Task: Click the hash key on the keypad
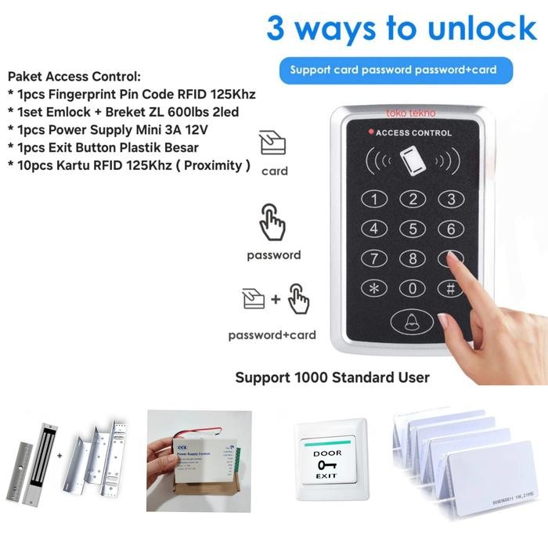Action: click(450, 287)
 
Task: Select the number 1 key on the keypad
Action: click(374, 199)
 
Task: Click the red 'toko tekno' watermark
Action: click(411, 113)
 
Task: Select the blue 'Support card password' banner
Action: click(393, 70)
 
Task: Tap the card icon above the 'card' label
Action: click(273, 145)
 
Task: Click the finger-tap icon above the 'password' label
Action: click(272, 222)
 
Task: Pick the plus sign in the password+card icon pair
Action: click(275, 299)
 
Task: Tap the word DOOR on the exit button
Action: click(326, 453)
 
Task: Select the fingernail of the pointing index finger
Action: click(444, 320)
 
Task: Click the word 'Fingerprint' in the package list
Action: click(82, 95)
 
